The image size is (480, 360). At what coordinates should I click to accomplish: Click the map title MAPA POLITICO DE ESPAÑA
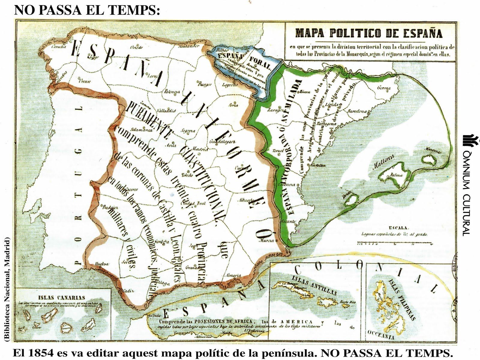(x=369, y=33)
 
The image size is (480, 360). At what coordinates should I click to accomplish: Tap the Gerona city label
(x=384, y=88)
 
